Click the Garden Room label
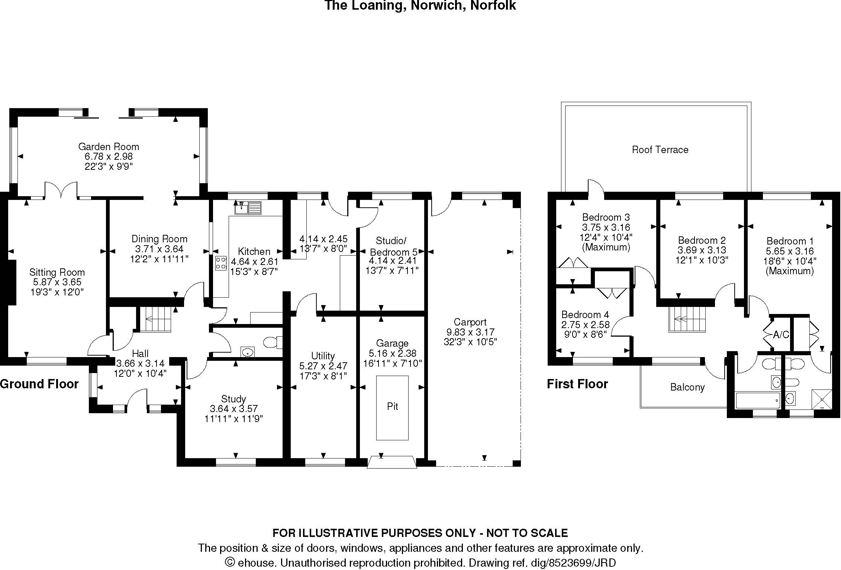point(109,146)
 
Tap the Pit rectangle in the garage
point(392,408)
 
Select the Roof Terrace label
point(660,150)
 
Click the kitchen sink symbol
point(248,208)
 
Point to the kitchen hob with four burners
point(221,263)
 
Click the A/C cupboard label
point(781,335)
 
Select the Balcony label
point(687,387)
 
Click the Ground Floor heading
point(39,384)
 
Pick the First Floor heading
point(577,384)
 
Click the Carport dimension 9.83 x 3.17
point(470,332)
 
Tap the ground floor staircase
point(155,319)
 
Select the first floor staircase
point(687,319)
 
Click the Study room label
point(233,399)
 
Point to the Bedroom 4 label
point(585,315)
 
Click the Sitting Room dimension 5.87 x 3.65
point(57,282)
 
